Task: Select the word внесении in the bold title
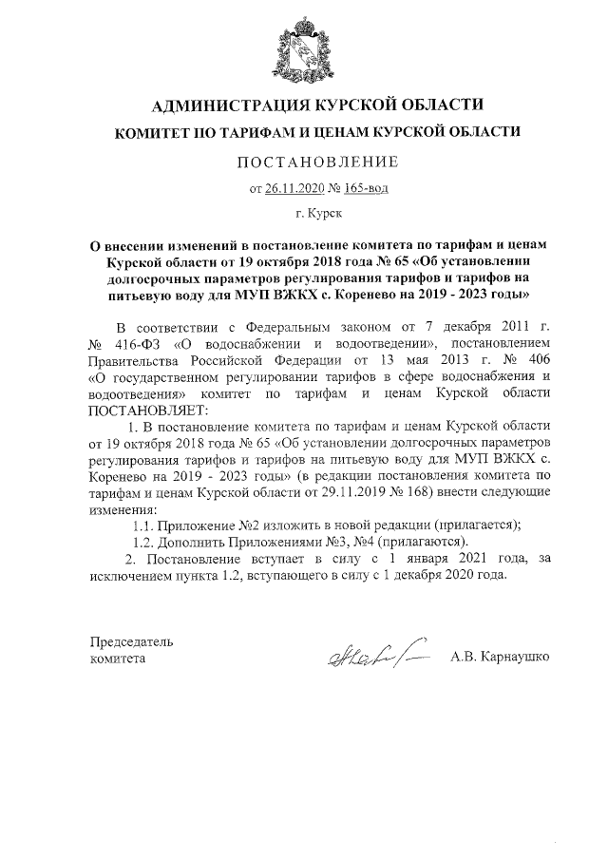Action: tap(154, 245)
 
